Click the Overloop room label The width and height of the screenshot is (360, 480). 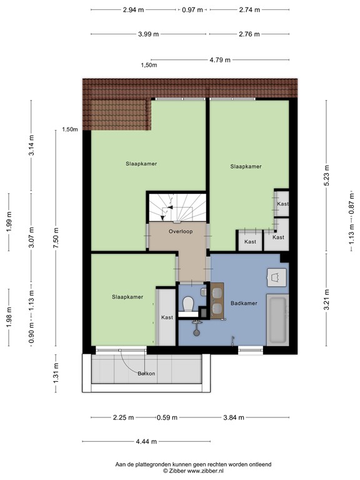[181, 231]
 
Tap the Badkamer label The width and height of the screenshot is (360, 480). [244, 303]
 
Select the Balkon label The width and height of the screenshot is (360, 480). [146, 374]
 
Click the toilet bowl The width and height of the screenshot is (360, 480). [187, 304]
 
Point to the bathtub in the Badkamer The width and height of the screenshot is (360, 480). [277, 320]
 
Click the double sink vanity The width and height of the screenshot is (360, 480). [217, 301]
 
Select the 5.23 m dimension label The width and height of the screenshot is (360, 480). [327, 175]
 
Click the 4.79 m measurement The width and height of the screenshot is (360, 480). [220, 60]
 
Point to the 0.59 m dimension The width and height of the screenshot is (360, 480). [167, 417]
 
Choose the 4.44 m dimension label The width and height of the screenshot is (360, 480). [146, 441]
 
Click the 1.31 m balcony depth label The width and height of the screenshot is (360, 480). [56, 373]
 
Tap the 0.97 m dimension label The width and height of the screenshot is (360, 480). [192, 10]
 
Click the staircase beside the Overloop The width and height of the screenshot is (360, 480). [177, 207]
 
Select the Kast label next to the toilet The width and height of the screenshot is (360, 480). [167, 317]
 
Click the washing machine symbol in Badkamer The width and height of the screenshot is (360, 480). [277, 277]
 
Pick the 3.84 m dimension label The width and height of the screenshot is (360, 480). [234, 417]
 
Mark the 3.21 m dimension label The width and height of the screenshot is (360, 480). [327, 300]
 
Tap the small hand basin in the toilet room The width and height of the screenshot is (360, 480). [204, 292]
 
